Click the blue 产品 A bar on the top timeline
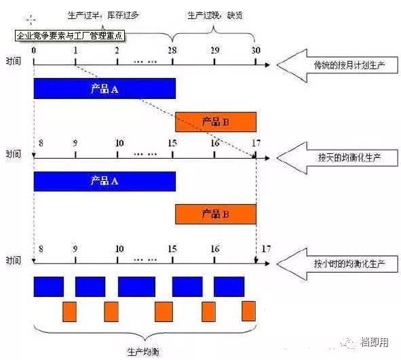(104, 89)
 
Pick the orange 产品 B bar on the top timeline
(216, 121)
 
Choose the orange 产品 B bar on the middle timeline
(216, 214)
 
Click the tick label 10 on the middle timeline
(119, 143)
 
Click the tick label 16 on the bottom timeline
(214, 249)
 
